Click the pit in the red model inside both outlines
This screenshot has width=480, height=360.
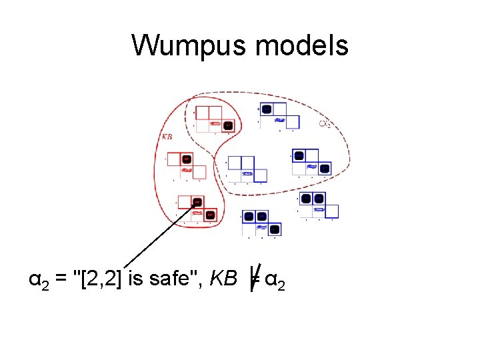click(228, 125)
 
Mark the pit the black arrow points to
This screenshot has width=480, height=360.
click(197, 203)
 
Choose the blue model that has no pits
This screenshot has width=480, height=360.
click(246, 168)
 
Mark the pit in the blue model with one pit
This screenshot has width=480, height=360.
click(266, 109)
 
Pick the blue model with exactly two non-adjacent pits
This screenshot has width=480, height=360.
click(311, 162)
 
